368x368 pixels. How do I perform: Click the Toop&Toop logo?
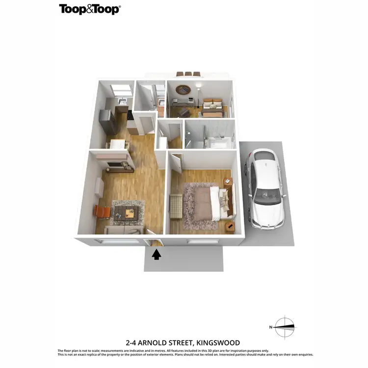coord(90,9)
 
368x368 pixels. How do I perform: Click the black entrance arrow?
coord(157,254)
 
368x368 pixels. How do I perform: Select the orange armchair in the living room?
coord(103,212)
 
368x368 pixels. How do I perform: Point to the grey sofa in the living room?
coord(124,230)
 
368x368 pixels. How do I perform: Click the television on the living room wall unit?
coord(114,165)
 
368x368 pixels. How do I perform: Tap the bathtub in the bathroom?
coord(220,143)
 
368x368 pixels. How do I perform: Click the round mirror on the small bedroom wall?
coord(184,90)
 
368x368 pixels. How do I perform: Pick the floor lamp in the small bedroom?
coord(198,96)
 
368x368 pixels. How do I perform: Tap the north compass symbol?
coord(284,326)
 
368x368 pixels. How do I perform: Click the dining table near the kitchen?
coord(119,145)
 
